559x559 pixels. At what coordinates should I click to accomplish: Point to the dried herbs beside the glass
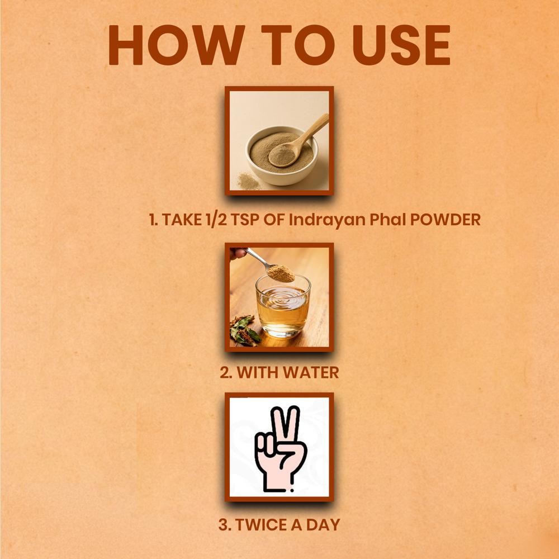(x=245, y=331)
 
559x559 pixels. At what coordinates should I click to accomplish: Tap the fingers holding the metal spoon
(x=237, y=253)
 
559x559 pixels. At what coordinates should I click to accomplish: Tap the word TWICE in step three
(x=262, y=524)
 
